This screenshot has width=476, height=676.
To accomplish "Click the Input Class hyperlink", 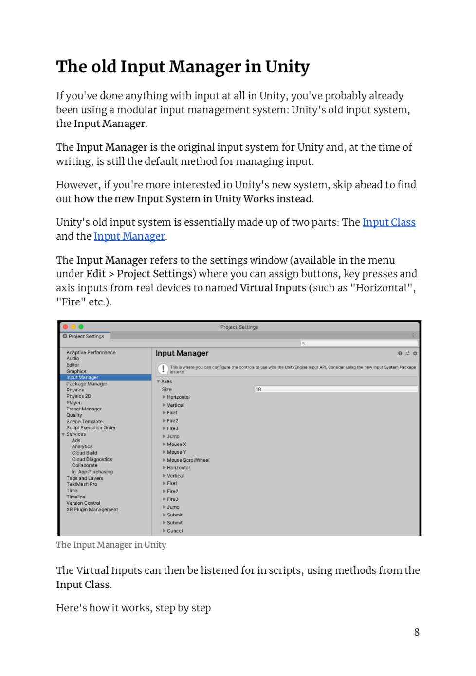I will pos(388,223).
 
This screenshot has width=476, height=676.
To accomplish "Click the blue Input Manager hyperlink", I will pos(129,237).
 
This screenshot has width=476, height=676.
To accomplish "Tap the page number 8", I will pos(417,632).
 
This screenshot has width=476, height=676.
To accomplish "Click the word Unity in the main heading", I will pos(287,67).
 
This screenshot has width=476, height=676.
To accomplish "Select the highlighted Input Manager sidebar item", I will pos(82,377).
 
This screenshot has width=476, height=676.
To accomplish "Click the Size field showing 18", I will pos(336,389).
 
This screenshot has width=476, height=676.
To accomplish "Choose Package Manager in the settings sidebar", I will pos(87,384).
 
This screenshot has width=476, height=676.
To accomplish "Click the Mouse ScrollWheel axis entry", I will pos(188,460).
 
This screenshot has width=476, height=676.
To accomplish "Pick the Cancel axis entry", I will pos(175,531).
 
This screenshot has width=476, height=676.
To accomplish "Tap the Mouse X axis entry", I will pos(176,445).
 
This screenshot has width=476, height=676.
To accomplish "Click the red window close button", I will pos(66,327).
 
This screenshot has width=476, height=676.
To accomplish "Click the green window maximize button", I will pos(81,327).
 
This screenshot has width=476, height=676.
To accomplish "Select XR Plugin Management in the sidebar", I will pos(92,510).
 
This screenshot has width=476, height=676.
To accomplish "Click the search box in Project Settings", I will pos(359,343).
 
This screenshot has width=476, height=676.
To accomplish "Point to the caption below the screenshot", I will pos(111,545).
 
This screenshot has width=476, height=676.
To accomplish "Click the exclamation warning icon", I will pos(163,369).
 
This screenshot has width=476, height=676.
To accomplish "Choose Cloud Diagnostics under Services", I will pos(92,459).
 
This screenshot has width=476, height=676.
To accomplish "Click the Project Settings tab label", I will pos(86,336).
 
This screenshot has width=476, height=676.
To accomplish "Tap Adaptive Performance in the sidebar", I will pos(91,352).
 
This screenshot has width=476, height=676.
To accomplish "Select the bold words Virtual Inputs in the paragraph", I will pos(273,288).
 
